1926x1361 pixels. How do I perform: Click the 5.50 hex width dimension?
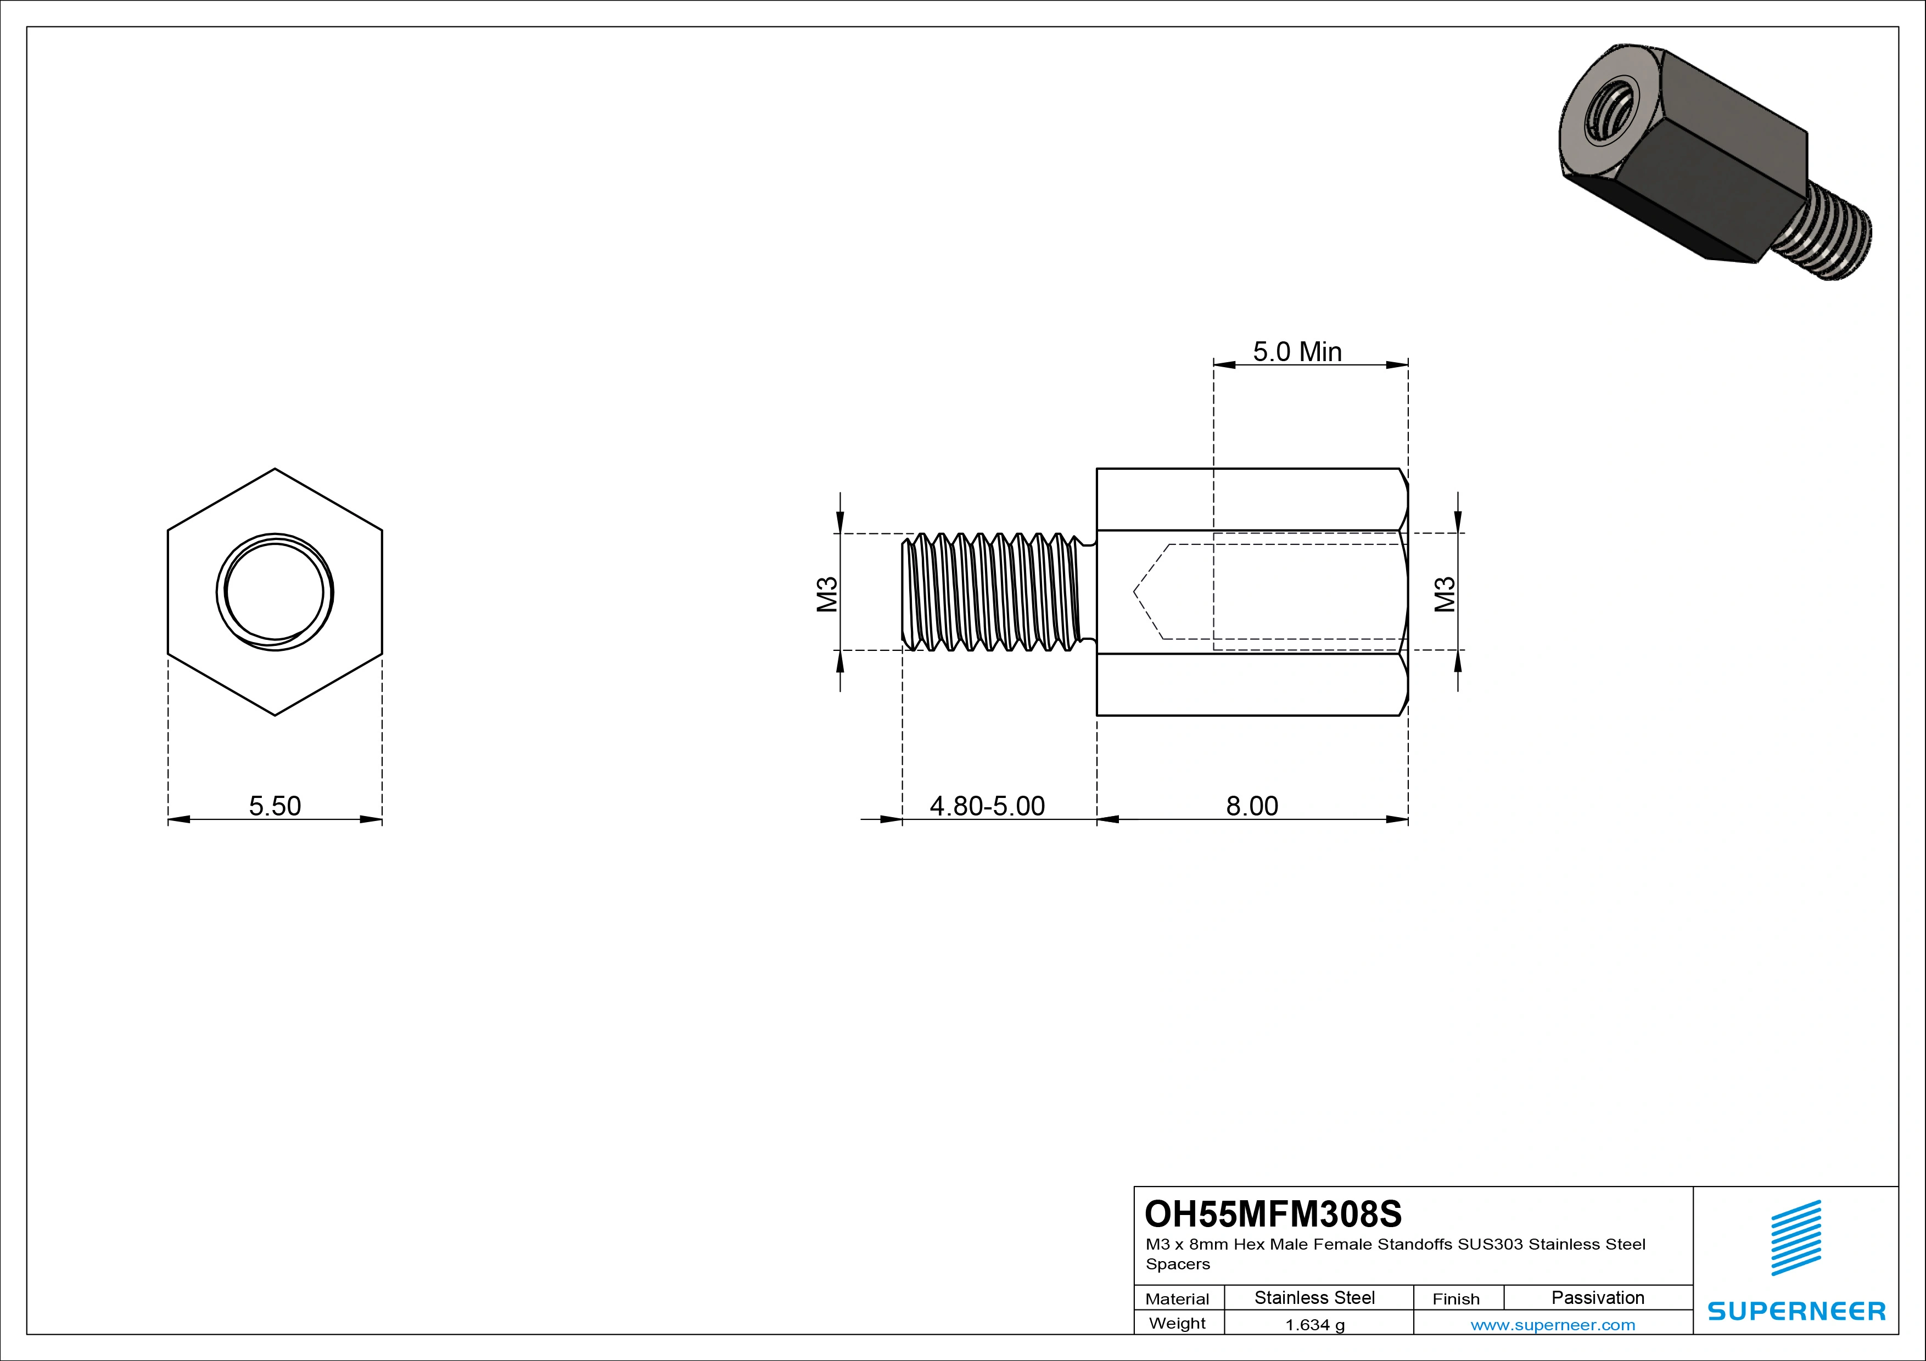(x=275, y=806)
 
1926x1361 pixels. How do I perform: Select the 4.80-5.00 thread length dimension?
(x=987, y=806)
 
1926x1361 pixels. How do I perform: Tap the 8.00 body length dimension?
(x=1252, y=806)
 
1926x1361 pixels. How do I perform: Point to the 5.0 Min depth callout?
(x=1297, y=351)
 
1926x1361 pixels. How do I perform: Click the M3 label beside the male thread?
(x=827, y=594)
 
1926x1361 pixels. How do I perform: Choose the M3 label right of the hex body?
(x=1444, y=594)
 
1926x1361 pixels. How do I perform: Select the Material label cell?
(x=1177, y=1299)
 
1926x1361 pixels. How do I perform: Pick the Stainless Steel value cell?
(x=1314, y=1298)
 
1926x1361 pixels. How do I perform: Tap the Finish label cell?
(x=1455, y=1299)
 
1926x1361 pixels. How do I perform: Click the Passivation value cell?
(x=1597, y=1298)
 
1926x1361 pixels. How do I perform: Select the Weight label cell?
(x=1177, y=1323)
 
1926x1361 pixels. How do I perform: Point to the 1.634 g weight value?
(x=1314, y=1325)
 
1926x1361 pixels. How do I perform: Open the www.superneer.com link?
(x=1553, y=1325)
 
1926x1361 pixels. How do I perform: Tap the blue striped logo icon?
(x=1796, y=1237)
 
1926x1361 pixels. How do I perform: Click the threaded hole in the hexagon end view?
(x=275, y=592)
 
